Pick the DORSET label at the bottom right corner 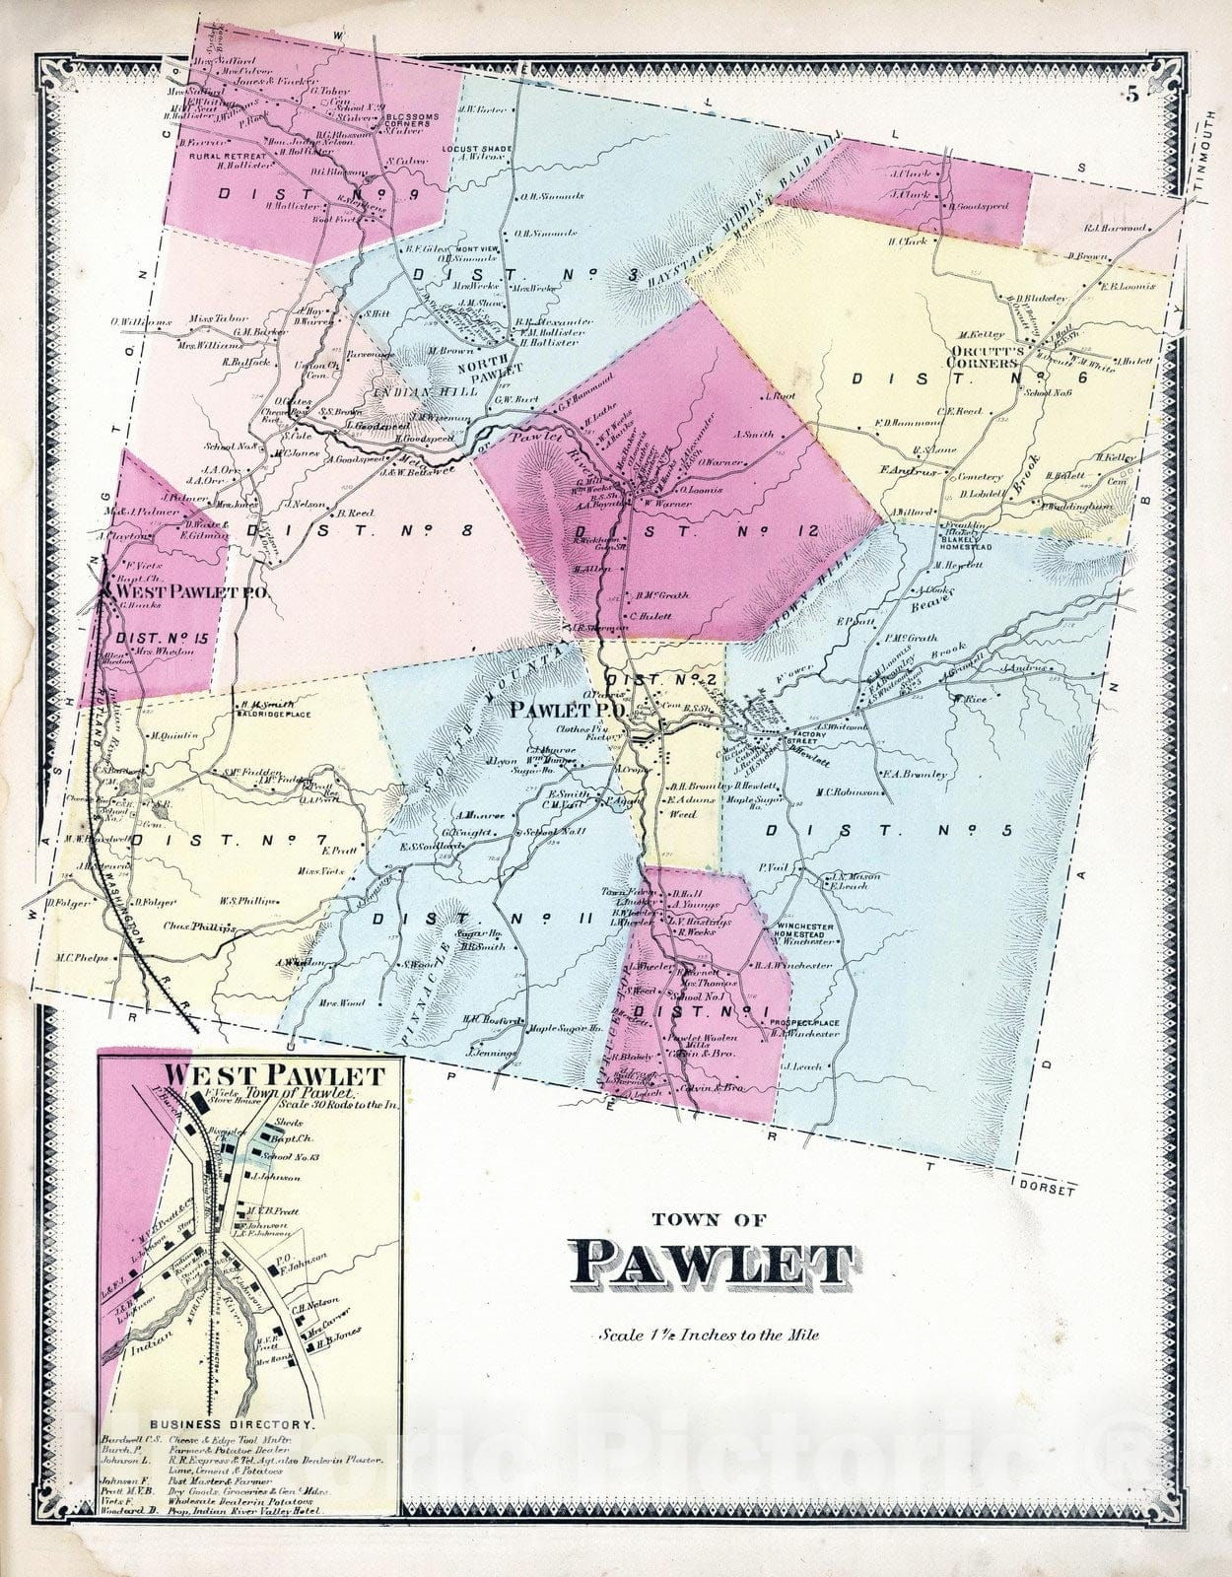pyautogui.click(x=1048, y=1190)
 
